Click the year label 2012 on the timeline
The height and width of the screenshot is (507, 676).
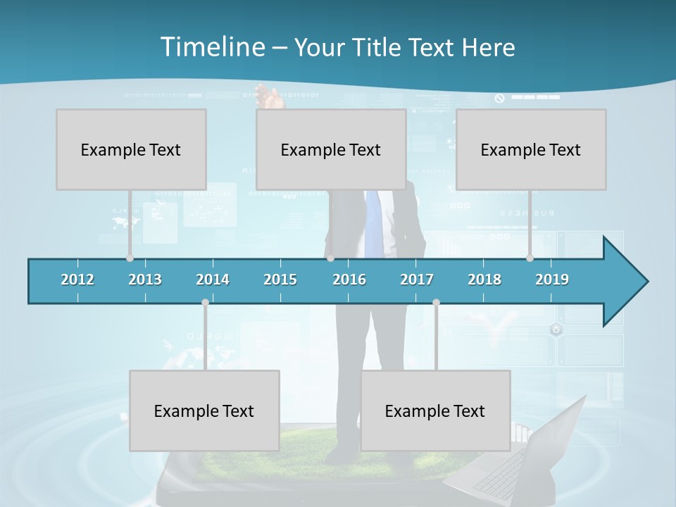77,280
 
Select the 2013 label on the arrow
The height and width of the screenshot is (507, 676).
145,280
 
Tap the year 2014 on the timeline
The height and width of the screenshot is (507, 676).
213,280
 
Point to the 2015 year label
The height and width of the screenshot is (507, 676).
280,280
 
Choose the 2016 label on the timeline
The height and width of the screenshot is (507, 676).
349,280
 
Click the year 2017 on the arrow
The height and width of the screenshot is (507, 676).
417,280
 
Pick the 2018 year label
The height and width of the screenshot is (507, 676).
484,280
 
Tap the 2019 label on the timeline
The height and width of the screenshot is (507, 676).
552,280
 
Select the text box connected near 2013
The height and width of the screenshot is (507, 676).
131,149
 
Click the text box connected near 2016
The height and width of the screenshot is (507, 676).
331,149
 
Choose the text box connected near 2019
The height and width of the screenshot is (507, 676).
531,149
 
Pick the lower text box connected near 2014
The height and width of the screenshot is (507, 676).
204,411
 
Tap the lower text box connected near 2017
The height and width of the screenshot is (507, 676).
435,411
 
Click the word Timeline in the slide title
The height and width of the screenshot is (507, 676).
211,47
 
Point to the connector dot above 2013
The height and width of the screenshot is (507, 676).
130,258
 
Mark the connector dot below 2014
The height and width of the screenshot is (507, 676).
205,303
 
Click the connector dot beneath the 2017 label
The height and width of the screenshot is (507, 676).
436,303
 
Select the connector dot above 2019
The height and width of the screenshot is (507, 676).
530,258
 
